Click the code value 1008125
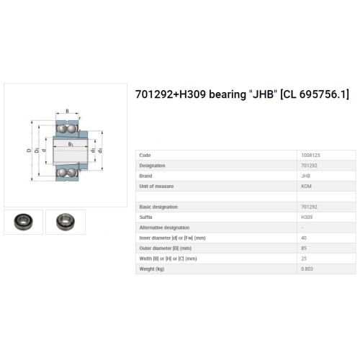tap(310, 156)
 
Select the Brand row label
tap(145, 176)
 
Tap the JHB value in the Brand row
tap(306, 176)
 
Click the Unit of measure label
tap(156, 186)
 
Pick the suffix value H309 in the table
tap(307, 217)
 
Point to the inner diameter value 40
tap(304, 238)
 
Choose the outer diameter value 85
tap(304, 248)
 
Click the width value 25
tap(304, 258)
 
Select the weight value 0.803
tap(307, 269)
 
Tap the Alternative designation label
tap(164, 228)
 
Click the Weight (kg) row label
tap(152, 269)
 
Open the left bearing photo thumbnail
tap(23, 222)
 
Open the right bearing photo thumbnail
tap(66, 222)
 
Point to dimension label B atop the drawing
tap(67, 111)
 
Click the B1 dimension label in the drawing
tap(71, 144)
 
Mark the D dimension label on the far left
tap(29, 150)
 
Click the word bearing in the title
tap(228, 94)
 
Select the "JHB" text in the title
tap(264, 94)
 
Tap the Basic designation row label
tap(158, 207)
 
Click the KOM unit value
tap(306, 186)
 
